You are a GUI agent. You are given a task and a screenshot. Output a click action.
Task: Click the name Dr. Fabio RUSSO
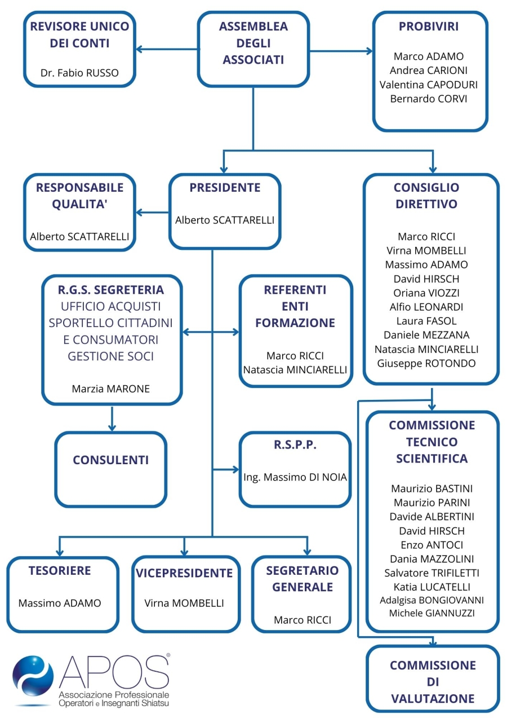point(79,73)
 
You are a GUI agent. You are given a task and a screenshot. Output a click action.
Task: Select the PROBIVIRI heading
point(429,27)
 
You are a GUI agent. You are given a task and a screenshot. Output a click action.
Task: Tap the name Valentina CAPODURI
point(429,85)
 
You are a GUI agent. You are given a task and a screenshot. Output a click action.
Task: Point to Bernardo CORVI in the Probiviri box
point(429,99)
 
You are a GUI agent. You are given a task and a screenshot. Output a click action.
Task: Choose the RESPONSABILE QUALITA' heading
point(79,196)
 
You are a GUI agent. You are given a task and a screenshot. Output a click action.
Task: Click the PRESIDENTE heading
point(225,187)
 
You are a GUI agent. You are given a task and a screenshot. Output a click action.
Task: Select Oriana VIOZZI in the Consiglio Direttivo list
point(426,293)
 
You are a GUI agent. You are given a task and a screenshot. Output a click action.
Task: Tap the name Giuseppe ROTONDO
point(426,363)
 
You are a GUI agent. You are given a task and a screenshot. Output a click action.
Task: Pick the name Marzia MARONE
point(111,389)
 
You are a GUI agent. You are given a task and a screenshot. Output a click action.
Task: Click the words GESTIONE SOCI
point(111,356)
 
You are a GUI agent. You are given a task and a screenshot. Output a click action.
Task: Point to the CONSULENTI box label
point(111,460)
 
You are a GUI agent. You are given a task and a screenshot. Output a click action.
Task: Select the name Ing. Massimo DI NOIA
point(295,477)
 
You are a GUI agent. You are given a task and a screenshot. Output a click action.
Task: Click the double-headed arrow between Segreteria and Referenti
point(211,332)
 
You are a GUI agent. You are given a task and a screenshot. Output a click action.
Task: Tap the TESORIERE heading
point(60,571)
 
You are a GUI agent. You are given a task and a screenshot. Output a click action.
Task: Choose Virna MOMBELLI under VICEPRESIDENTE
point(184,604)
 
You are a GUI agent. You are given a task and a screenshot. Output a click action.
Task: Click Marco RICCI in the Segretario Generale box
point(303,620)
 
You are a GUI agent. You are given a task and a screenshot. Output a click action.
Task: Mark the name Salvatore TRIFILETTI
point(432,573)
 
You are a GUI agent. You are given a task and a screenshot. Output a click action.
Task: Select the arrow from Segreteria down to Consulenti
point(112,419)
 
